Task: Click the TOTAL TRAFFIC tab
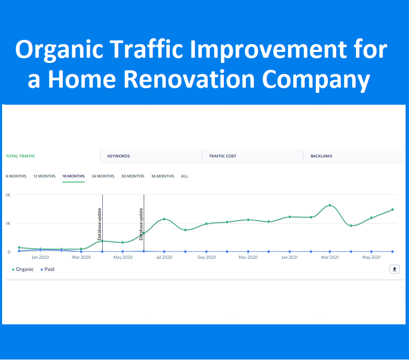pos(20,156)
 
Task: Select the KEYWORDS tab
pos(119,156)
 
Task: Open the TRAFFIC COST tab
pos(222,156)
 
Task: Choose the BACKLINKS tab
pos(321,156)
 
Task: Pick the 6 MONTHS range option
pos(16,176)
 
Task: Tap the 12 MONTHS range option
pos(44,176)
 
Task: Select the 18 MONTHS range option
pos(73,176)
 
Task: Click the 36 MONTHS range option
pos(163,176)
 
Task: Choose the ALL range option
pos(185,176)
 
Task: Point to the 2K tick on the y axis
pos(8,195)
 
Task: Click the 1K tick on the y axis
pos(8,224)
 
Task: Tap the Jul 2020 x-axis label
pos(164,257)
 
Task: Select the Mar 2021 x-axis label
pos(330,257)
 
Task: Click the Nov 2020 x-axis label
pos(247,257)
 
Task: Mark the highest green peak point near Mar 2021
pos(330,205)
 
